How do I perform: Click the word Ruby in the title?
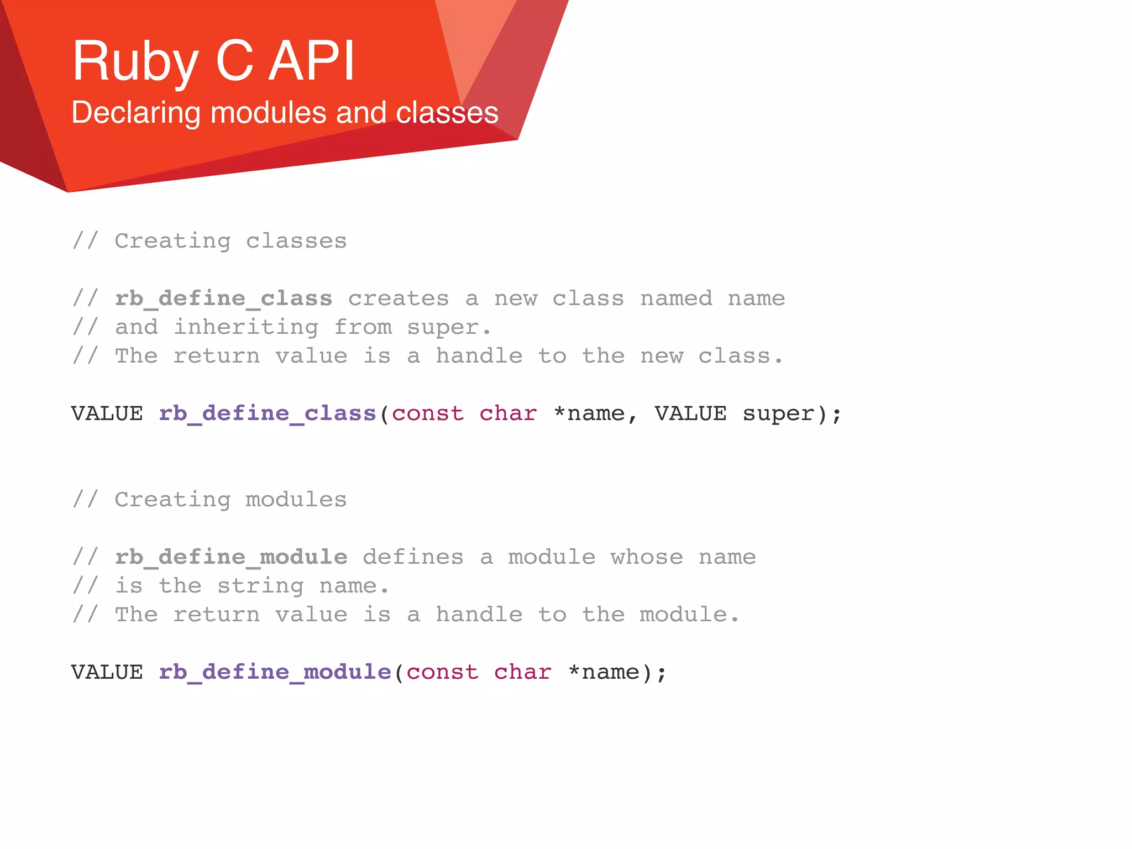click(135, 62)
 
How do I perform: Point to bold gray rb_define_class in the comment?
click(223, 299)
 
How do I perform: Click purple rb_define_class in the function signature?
click(268, 414)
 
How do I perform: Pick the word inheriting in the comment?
click(246, 328)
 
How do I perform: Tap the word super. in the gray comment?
click(449, 328)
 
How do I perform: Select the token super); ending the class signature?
click(792, 414)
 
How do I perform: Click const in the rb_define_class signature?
click(428, 414)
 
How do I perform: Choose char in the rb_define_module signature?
click(522, 673)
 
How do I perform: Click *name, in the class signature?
click(595, 414)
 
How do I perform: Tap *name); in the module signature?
click(617, 673)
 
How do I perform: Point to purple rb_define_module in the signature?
click(275, 673)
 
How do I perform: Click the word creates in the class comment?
click(398, 299)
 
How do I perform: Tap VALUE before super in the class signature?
click(690, 414)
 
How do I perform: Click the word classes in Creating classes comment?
click(296, 242)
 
